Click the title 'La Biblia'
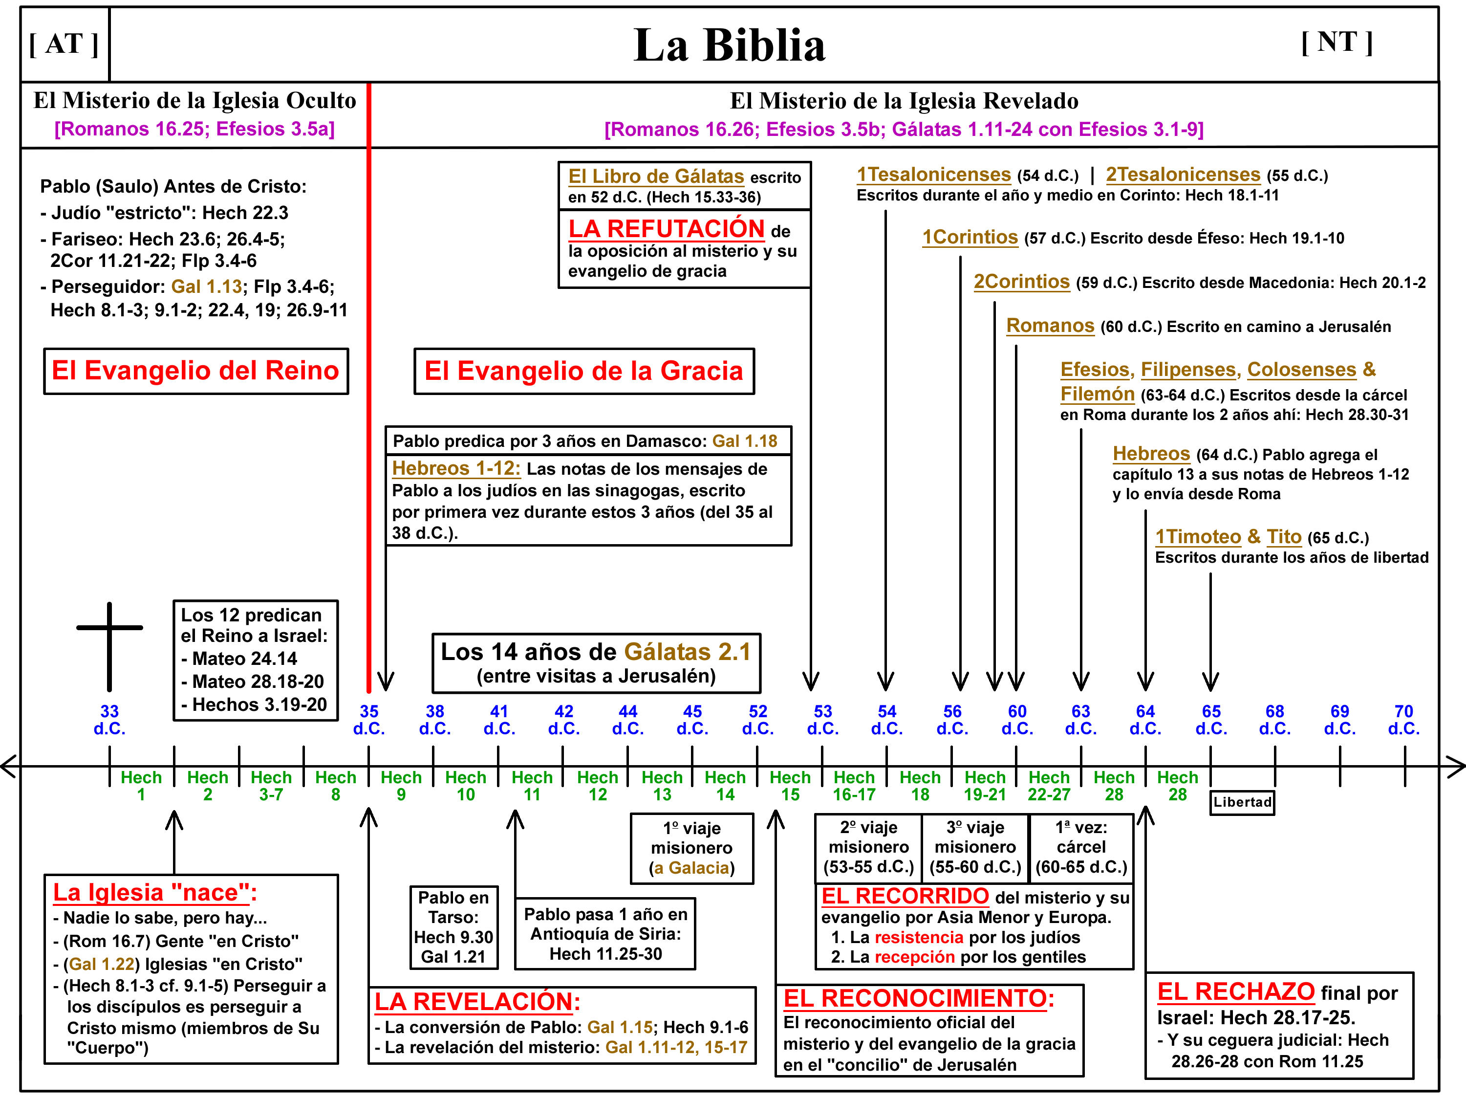[x=729, y=45]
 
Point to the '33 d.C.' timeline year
[x=109, y=720]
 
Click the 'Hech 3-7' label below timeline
[x=271, y=786]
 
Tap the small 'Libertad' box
[x=1242, y=802]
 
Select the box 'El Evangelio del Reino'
[x=195, y=371]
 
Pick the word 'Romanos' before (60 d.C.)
[x=1050, y=326]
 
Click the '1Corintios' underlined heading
[x=970, y=238]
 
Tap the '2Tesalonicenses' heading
[x=1183, y=175]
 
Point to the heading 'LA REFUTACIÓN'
[x=666, y=229]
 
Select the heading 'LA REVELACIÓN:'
[x=477, y=1001]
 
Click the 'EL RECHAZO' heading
[x=1235, y=991]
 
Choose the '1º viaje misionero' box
[x=691, y=848]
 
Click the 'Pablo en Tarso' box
[x=453, y=927]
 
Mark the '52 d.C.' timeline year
[x=757, y=720]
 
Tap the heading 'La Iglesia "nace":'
[x=154, y=892]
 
